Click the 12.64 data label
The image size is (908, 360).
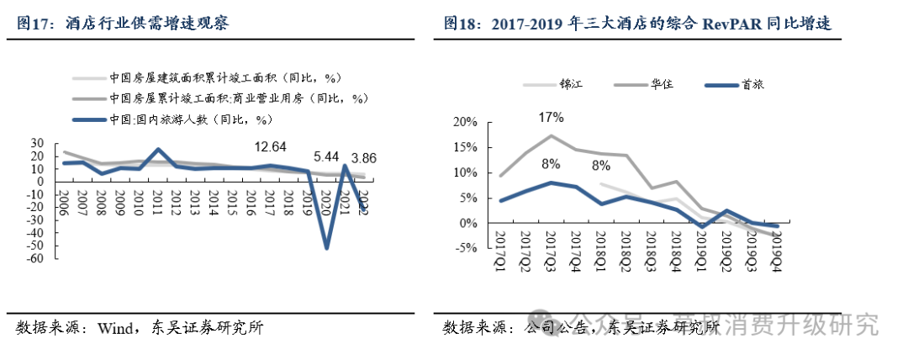270,146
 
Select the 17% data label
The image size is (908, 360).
551,115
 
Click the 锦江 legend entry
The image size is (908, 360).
570,84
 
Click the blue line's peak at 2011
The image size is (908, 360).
156,150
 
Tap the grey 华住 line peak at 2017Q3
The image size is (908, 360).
551,135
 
